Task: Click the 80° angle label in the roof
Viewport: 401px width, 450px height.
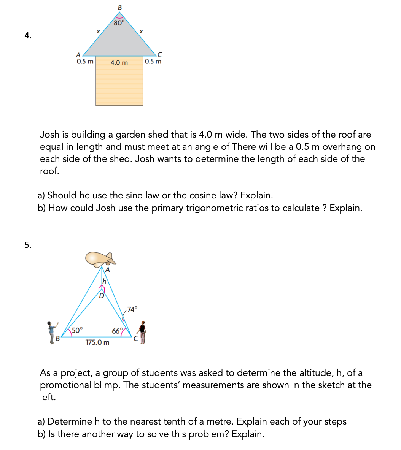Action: pyautogui.click(x=119, y=23)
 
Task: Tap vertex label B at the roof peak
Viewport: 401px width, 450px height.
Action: pyautogui.click(x=120, y=7)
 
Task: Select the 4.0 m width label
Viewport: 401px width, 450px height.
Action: pyautogui.click(x=119, y=62)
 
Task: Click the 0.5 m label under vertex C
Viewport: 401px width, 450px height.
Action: pyautogui.click(x=153, y=62)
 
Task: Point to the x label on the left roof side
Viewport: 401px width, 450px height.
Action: pyautogui.click(x=98, y=32)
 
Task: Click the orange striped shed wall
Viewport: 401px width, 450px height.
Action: pyautogui.click(x=119, y=86)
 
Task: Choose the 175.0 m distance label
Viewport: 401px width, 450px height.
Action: pyautogui.click(x=97, y=342)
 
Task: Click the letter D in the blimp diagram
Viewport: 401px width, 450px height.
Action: pyautogui.click(x=102, y=296)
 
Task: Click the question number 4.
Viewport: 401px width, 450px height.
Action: pyautogui.click(x=28, y=36)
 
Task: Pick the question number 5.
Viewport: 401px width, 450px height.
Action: pyautogui.click(x=28, y=245)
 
